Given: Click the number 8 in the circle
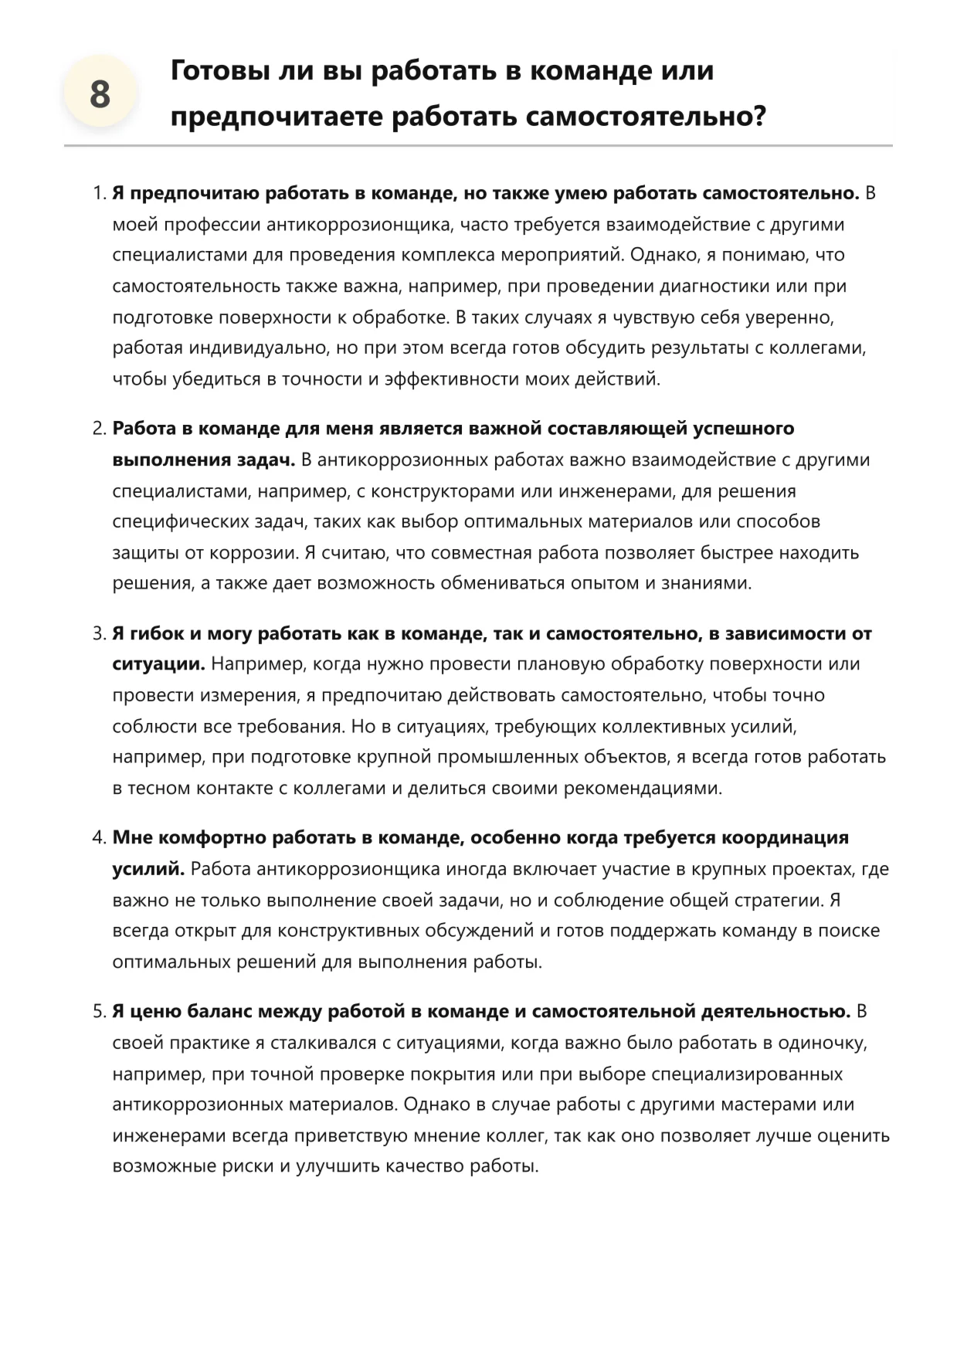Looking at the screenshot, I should point(100,95).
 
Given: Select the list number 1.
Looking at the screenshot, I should point(99,193).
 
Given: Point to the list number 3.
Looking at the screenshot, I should point(99,633).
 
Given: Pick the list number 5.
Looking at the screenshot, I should point(99,1011).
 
